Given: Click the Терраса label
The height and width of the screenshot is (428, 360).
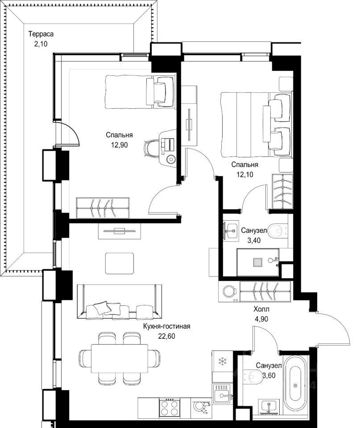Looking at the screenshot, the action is (41, 34).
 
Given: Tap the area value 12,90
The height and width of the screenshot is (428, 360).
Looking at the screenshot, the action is (119, 145).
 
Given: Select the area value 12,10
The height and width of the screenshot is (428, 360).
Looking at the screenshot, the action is (245, 174).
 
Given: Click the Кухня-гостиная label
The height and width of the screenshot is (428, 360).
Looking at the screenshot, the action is (166, 326).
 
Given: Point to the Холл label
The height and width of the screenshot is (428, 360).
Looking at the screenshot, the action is (261, 309).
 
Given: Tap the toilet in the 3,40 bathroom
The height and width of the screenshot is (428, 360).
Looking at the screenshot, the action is (277, 231).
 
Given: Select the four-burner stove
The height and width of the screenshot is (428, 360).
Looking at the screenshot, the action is (170, 407).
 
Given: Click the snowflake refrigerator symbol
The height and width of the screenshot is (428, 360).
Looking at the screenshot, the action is (223, 362).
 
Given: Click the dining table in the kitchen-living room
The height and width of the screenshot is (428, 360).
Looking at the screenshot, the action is (120, 358).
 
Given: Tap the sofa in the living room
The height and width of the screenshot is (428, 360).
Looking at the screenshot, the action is (120, 302).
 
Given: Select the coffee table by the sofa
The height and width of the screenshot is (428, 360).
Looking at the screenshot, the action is (120, 263).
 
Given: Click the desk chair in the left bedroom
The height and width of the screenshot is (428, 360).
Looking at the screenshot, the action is (152, 148).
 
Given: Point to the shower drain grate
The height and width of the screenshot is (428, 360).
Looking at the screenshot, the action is (257, 263).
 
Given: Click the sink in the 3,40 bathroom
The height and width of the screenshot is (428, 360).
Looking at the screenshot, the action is (232, 230).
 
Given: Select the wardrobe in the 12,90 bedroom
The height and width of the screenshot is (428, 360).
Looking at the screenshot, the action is (103, 208).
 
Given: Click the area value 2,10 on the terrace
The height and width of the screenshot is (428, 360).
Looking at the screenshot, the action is (41, 44).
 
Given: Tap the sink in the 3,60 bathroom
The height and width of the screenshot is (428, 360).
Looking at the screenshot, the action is (269, 406).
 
